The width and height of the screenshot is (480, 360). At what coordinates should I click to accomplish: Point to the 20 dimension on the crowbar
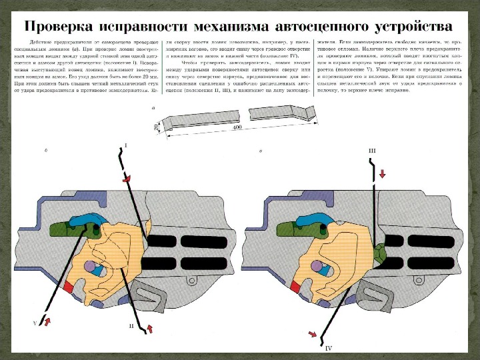[x=155, y=126]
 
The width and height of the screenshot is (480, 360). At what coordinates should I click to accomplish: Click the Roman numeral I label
[x=126, y=145]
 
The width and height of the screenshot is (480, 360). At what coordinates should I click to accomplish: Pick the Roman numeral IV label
[x=328, y=348]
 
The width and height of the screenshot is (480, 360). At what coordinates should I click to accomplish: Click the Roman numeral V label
[x=35, y=323]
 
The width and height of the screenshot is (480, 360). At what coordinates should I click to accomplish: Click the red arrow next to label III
[x=383, y=174]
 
